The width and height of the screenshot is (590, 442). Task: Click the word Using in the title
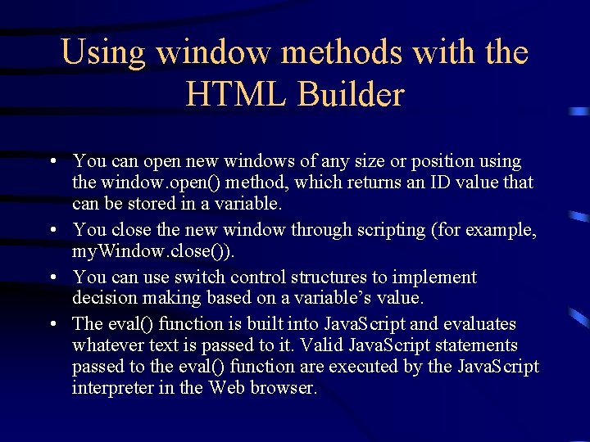(x=103, y=53)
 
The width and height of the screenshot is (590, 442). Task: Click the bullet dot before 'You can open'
(x=52, y=162)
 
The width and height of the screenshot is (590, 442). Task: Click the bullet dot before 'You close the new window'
(x=52, y=231)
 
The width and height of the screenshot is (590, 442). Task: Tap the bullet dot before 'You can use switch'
(x=52, y=278)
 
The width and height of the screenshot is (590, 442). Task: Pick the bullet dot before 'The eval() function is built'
(x=52, y=324)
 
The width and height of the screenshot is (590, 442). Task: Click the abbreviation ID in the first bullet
(x=438, y=183)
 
